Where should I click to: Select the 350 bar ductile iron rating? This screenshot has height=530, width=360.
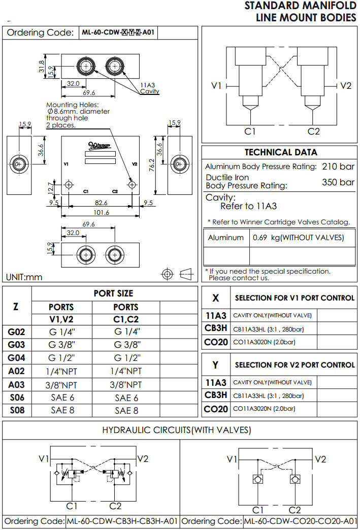pyautogui.click(x=338, y=182)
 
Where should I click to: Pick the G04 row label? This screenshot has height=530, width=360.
pyautogui.click(x=17, y=358)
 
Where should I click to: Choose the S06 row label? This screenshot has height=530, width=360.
pyautogui.click(x=17, y=397)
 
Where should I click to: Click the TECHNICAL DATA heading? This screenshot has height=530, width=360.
pyautogui.click(x=281, y=152)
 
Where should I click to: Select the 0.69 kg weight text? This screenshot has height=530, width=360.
pyautogui.click(x=298, y=238)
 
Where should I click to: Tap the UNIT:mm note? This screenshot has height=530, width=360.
pyautogui.click(x=24, y=277)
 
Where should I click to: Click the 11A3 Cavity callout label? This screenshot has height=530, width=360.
pyautogui.click(x=149, y=88)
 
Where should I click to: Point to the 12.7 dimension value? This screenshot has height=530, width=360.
pyautogui.click(x=51, y=188)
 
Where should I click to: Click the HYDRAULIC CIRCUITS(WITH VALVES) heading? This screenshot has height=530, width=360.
pyautogui.click(x=177, y=430)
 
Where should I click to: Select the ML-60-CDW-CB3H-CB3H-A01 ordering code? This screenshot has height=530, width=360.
pyautogui.click(x=122, y=521)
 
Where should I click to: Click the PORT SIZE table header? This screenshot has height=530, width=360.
pyautogui.click(x=114, y=293)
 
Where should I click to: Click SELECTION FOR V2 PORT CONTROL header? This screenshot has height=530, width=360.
pyautogui.click(x=294, y=365)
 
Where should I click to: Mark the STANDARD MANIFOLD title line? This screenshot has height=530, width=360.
pyautogui.click(x=301, y=6)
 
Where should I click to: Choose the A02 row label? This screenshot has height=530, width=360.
pyautogui.click(x=17, y=371)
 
